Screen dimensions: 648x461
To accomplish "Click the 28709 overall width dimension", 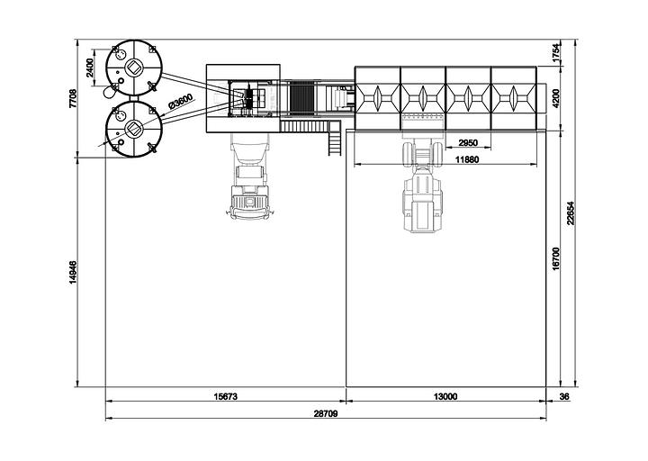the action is pos(326,413).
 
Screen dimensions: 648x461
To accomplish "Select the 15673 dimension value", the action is pos(226,396).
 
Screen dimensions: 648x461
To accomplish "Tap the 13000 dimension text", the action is pos(445,396).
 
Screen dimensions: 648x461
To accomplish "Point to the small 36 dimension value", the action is pos(564,396).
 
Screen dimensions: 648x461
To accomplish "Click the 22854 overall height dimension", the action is pos(571,212).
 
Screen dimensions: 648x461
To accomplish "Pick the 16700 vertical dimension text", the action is pos(556,258).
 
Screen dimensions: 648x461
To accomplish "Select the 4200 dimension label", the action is pos(556,98).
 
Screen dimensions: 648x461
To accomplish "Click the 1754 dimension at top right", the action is pos(556,53).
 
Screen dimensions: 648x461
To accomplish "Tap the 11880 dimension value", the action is pos(467,159).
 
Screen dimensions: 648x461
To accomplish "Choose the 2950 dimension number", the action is pos(468,143).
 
